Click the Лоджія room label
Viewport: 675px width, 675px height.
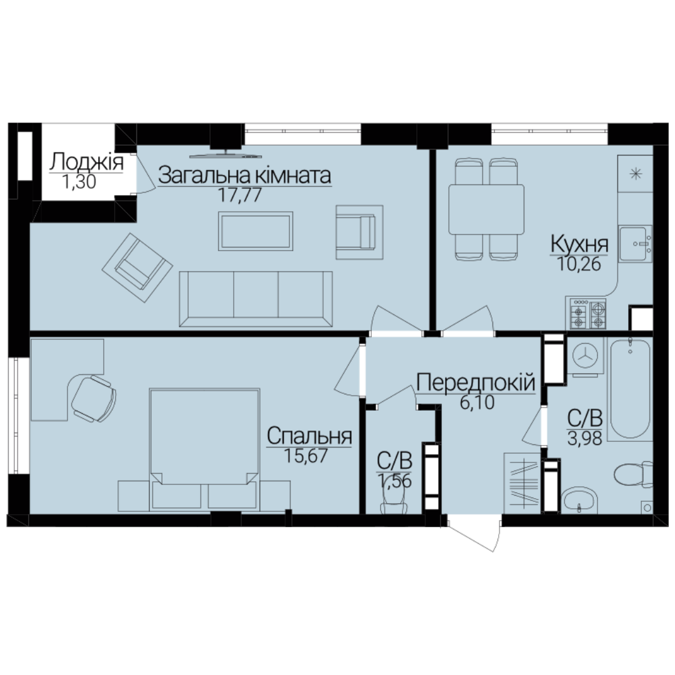point(86,162)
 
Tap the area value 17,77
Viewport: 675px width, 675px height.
point(240,195)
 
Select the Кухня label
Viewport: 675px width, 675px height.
point(579,244)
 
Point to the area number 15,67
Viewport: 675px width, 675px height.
point(306,456)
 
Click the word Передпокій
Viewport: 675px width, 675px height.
point(476,382)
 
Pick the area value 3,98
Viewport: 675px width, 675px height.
point(584,439)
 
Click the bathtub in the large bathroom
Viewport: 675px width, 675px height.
point(630,389)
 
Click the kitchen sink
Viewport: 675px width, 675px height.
point(635,244)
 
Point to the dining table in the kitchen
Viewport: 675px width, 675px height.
point(486,209)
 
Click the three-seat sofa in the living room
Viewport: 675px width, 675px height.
point(256,299)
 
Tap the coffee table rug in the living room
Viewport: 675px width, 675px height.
point(255,231)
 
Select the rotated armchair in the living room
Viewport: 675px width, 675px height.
point(137,267)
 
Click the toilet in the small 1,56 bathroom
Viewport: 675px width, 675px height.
point(394,502)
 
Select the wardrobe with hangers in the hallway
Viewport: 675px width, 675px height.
point(522,483)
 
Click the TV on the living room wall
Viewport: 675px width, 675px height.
point(226,155)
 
